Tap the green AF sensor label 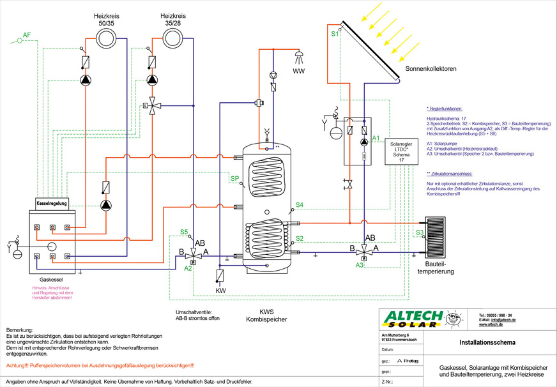click(26, 34)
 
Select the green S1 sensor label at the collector click(335, 34)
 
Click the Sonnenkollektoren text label click(431, 68)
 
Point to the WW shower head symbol click(299, 56)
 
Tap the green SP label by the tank click(234, 179)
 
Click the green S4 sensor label click(300, 205)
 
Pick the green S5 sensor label click(184, 232)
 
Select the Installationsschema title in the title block click(488, 343)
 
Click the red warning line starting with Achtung click(100, 366)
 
